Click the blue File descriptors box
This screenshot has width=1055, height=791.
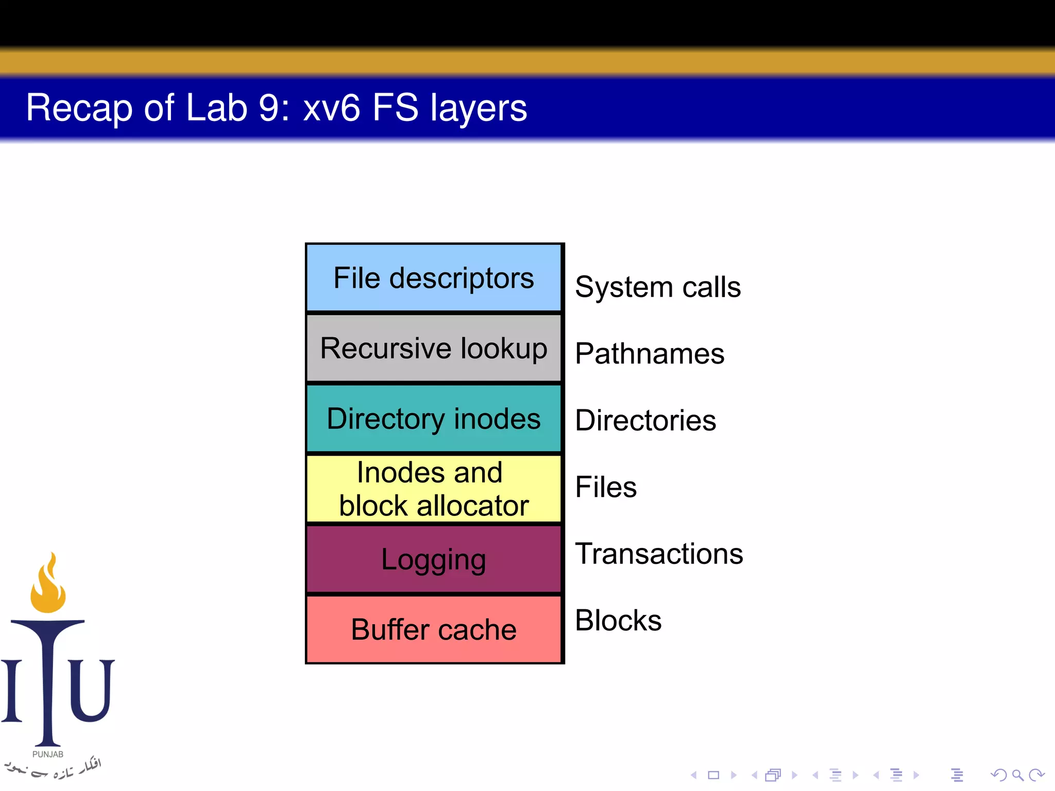[x=433, y=278]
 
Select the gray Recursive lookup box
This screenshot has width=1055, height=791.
[x=433, y=348]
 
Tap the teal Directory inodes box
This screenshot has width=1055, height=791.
[x=433, y=418]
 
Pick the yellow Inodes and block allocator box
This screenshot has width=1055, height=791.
[x=433, y=488]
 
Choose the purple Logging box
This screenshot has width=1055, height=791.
[x=433, y=559]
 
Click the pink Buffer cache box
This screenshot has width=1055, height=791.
[x=433, y=629]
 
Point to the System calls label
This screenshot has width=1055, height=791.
[x=657, y=287]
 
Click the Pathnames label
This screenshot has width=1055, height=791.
[x=649, y=354]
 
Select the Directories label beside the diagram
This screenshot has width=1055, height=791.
[x=645, y=420]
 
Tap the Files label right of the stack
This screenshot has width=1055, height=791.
[x=605, y=487]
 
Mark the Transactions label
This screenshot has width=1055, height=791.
[x=658, y=554]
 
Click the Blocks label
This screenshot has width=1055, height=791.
[x=618, y=621]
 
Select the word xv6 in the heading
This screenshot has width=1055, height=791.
[x=331, y=108]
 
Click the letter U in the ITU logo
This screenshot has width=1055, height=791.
[x=92, y=690]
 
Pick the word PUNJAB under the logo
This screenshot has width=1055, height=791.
[x=48, y=754]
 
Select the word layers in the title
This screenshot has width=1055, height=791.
[x=478, y=108]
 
